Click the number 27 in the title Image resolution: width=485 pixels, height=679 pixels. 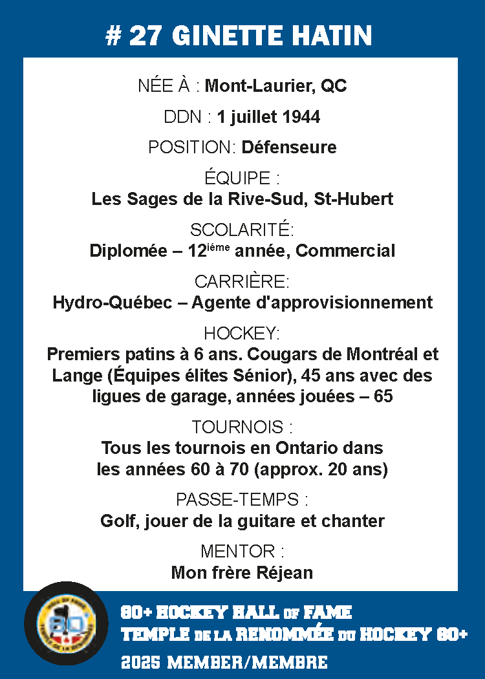pos(147,36)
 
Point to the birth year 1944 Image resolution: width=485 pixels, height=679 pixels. pos(302,117)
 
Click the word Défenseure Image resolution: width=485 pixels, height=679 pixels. pos(289,147)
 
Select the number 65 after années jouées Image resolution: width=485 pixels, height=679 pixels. pos(383,396)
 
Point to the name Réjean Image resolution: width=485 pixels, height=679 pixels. pos(288,572)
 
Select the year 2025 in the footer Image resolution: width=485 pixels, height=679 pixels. pos(140,662)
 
